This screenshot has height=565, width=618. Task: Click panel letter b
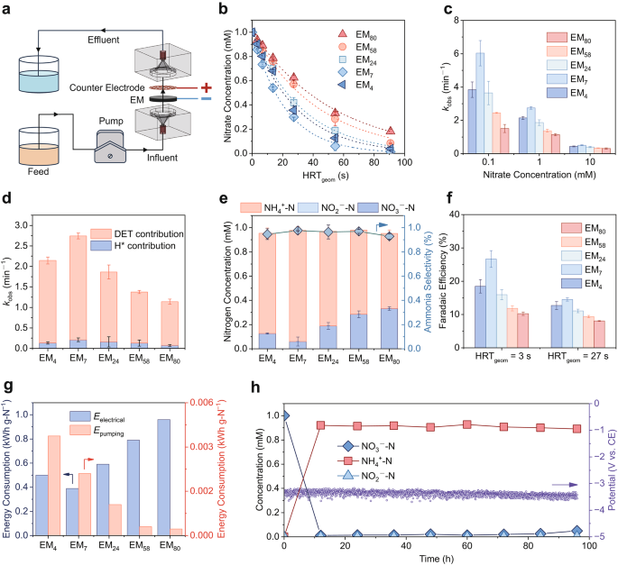point(225,8)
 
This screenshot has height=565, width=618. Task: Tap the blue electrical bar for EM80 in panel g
point(164,476)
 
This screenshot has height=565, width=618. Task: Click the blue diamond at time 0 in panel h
point(284,415)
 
